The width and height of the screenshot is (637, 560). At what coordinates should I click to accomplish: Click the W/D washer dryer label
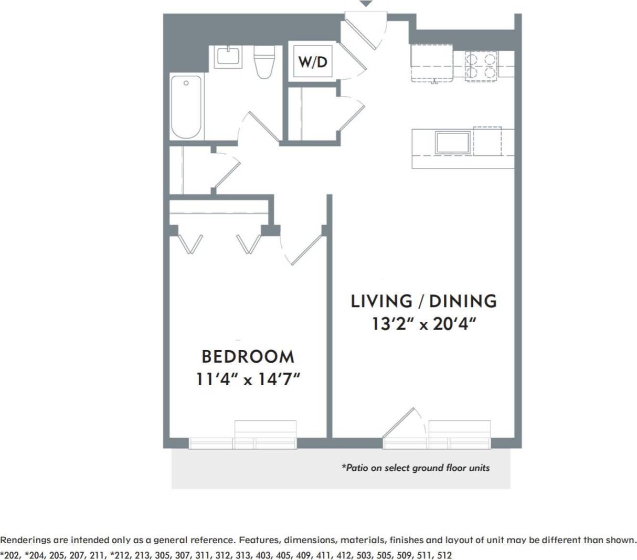pyautogui.click(x=313, y=61)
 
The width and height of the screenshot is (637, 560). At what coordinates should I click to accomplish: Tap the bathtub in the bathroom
pyautogui.click(x=186, y=107)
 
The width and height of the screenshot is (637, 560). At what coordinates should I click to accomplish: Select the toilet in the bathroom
pyautogui.click(x=264, y=62)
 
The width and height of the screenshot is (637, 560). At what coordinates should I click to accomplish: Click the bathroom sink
pyautogui.click(x=228, y=56)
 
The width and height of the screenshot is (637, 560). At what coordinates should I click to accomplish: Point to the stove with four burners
pyautogui.click(x=481, y=66)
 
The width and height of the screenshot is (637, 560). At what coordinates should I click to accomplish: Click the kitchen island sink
pyautogui.click(x=452, y=142)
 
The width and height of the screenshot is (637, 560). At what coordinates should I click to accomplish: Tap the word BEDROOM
pyautogui.click(x=248, y=357)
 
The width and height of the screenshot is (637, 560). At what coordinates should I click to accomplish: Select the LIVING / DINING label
pyautogui.click(x=423, y=301)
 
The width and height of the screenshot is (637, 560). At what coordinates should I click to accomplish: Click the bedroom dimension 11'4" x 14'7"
pyautogui.click(x=248, y=379)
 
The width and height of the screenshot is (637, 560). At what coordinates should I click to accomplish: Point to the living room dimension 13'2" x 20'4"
pyautogui.click(x=423, y=324)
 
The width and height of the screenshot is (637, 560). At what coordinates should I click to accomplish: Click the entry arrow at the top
pyautogui.click(x=366, y=4)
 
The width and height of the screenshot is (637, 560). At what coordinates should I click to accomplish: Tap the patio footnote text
pyautogui.click(x=415, y=468)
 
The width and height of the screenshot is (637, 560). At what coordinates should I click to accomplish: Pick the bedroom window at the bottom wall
pyautogui.click(x=242, y=443)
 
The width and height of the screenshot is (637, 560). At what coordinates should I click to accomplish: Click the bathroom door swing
pyautogui.click(x=260, y=128)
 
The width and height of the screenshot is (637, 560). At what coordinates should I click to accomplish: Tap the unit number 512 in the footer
pyautogui.click(x=444, y=555)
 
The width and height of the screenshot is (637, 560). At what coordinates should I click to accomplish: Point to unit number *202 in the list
pyautogui.click(x=10, y=555)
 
